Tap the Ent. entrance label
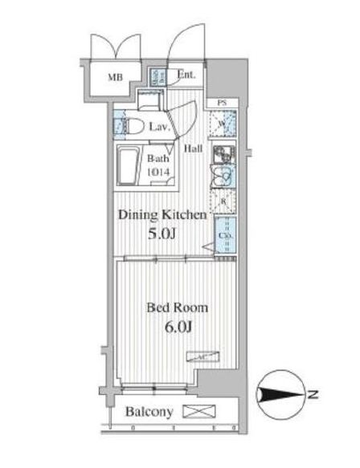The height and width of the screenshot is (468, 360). (186, 76)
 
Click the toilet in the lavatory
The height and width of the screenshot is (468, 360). (135, 124)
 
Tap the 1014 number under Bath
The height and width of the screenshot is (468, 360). (157, 169)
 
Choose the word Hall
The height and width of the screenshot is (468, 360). (194, 149)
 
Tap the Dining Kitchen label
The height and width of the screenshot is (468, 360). (164, 215)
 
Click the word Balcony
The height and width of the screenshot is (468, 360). (149, 413)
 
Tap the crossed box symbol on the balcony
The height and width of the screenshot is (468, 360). (195, 413)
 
